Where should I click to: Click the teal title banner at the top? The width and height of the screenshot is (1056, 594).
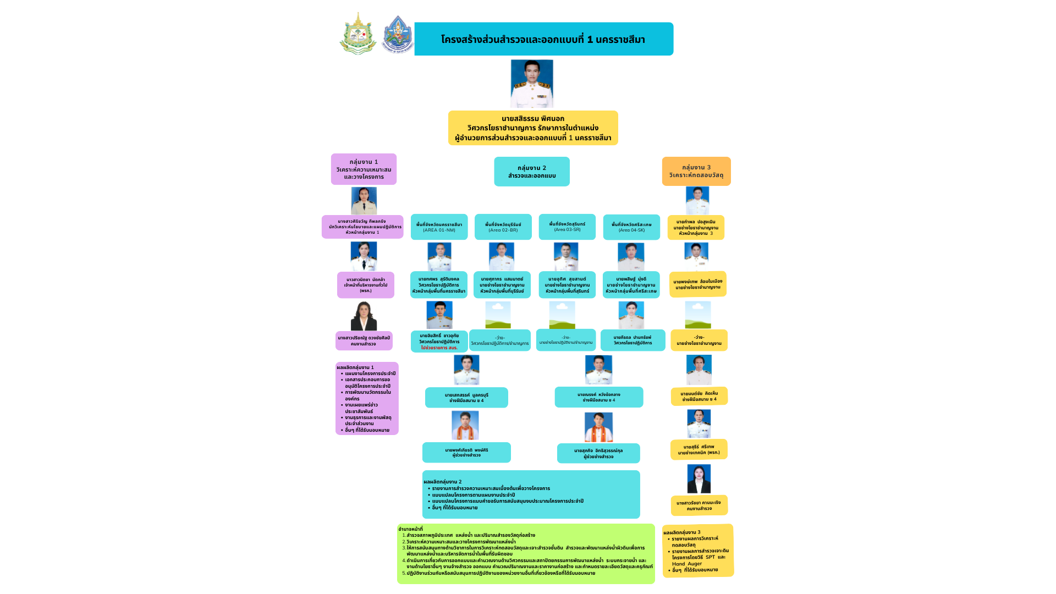coord(543,39)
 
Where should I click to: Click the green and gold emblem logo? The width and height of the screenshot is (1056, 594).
coord(358,34)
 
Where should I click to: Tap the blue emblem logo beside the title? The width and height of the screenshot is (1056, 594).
coord(397,35)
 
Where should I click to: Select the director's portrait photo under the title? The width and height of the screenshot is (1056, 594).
coord(532,84)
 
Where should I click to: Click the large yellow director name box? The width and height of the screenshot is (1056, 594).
coord(533,128)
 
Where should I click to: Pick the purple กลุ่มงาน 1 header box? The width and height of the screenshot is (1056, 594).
coord(364,169)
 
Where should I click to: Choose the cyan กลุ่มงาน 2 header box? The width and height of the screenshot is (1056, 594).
coord(532,172)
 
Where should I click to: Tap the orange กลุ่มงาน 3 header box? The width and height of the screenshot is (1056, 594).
coord(696,172)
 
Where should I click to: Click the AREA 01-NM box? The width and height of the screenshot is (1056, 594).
coord(439,227)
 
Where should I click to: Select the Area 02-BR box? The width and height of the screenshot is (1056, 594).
coord(503,227)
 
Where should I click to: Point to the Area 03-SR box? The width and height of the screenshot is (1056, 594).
coord(567,227)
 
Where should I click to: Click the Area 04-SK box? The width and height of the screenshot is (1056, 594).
coord(631,227)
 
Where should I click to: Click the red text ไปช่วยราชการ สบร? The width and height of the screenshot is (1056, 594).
coord(439,348)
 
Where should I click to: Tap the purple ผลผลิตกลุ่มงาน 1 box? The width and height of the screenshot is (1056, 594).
coord(367,399)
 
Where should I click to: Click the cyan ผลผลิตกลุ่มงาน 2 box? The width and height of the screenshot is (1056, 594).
coord(531,494)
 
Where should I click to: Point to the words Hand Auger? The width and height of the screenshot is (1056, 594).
coord(687,564)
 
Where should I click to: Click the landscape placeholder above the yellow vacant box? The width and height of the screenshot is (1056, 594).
coord(698,315)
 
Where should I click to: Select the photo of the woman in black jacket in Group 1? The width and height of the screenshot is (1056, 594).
coord(364,316)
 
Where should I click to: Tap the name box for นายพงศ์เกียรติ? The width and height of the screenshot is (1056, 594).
coord(466,453)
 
